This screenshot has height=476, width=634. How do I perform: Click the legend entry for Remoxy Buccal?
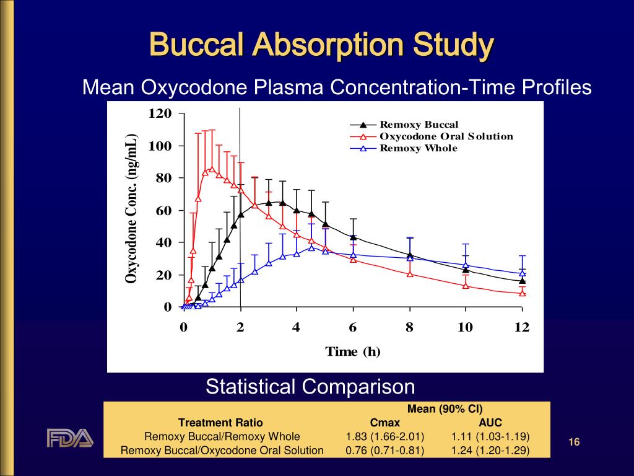pos(419,125)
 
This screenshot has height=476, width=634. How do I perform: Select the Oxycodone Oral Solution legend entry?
pos(446,136)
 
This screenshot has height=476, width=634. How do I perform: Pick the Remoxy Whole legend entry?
pos(419,148)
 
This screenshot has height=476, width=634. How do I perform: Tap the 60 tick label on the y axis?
pos(164,211)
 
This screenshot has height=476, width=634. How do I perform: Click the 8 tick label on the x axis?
pos(409,327)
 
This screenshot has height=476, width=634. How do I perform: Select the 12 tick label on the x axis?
pos(522,327)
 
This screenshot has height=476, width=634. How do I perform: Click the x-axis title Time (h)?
pos(353,352)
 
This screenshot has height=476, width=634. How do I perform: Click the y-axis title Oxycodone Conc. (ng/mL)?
pos(131,209)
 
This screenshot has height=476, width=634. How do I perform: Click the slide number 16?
pos(574,442)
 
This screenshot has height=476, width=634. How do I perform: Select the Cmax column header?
pos(384,423)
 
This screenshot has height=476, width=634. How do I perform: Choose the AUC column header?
pos(490,423)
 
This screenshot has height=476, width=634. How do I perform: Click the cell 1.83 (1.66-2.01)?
pos(384,436)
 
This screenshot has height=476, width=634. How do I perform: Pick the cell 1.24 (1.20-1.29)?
pos(490,451)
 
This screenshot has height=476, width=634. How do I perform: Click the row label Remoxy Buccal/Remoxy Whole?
pos(222,436)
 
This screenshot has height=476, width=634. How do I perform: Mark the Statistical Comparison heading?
pos(310,387)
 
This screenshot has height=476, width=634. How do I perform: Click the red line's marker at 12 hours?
pos(522,293)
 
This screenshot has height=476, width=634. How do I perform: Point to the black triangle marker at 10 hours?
pos(466,270)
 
